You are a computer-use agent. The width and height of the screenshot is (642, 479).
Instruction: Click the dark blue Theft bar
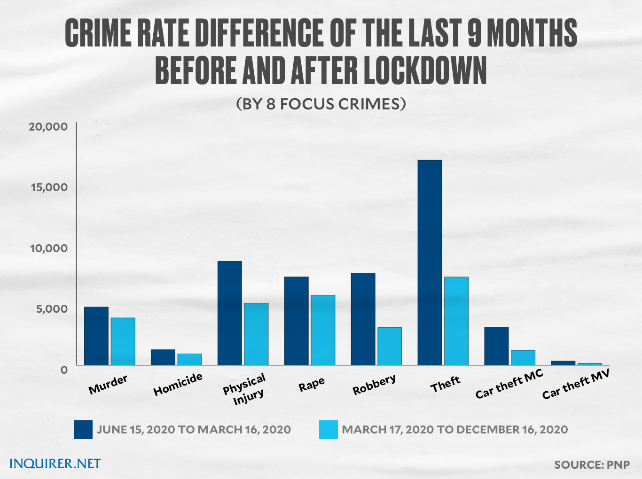point(430,263)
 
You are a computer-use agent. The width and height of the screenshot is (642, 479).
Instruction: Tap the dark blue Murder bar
point(96,336)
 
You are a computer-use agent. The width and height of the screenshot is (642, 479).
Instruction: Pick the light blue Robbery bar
point(390,346)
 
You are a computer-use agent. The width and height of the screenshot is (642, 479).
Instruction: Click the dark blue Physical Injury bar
point(229,313)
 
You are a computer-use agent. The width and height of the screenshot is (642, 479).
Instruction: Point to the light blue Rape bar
point(323,330)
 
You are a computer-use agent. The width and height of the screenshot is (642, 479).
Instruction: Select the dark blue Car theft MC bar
point(496,346)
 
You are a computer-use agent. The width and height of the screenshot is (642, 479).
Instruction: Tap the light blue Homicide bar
point(189,359)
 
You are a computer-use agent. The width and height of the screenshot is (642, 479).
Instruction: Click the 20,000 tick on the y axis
point(48,127)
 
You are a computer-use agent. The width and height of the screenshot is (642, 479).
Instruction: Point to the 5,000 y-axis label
point(49,309)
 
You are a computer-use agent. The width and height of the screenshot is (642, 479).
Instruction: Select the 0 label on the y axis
point(64,370)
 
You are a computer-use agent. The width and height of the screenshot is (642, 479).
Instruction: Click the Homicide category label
point(178,384)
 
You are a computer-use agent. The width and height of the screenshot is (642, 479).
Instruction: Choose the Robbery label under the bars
point(374,384)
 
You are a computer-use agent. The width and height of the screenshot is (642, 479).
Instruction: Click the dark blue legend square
point(83,430)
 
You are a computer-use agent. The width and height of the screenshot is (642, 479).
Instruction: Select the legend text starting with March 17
point(454,430)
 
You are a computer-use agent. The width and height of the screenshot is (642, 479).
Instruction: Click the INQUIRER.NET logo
point(55,464)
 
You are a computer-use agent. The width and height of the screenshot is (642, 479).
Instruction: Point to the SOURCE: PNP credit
point(592,465)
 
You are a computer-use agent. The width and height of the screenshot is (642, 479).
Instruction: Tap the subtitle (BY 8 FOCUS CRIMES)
point(321,103)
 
